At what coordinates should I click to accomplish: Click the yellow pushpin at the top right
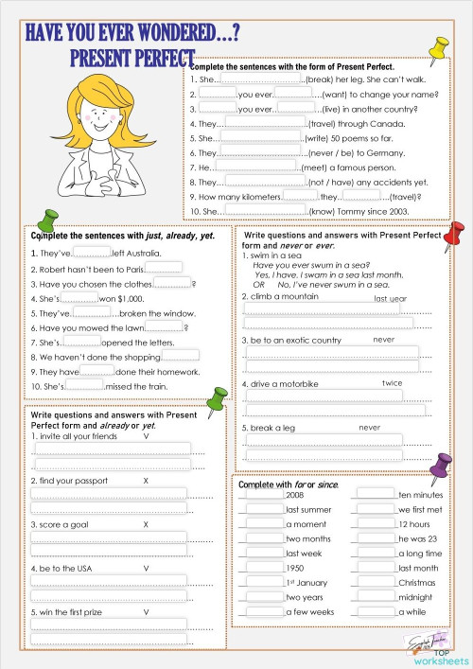[x=438, y=48]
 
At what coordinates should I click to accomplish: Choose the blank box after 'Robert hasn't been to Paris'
[x=163, y=268]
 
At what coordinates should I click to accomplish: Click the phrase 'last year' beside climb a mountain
[x=391, y=298]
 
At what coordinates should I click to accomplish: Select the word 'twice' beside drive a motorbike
[x=392, y=383]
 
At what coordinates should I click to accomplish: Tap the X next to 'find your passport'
[x=146, y=481]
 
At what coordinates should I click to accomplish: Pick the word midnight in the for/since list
[x=416, y=597]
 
